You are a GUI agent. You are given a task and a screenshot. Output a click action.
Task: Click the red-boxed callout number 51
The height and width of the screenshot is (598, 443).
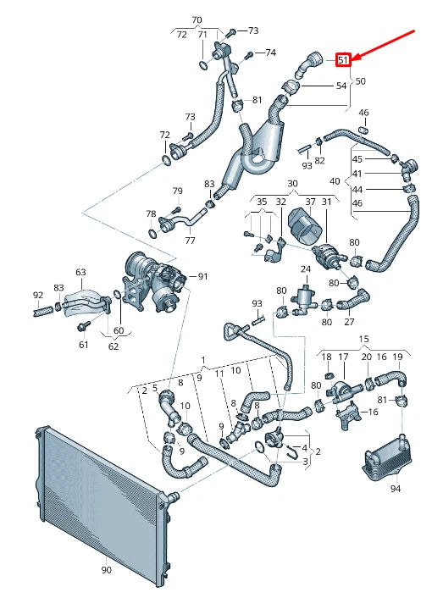coord(343,60)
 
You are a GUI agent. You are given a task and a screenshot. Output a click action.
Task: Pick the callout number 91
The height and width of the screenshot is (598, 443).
coord(202,277)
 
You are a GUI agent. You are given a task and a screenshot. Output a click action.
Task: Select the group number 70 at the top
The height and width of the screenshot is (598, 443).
coord(197,19)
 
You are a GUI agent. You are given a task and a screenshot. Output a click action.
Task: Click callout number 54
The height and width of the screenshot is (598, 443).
coord(341,86)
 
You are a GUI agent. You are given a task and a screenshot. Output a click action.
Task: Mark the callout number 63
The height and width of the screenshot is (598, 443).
coord(80,273)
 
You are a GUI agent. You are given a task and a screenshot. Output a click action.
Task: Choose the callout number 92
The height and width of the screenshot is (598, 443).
coord(38,295)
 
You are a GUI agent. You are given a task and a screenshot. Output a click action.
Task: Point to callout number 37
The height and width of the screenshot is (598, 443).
coord(310,202)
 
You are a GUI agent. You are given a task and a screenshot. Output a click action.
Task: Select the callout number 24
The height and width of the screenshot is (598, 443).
coord(306,269)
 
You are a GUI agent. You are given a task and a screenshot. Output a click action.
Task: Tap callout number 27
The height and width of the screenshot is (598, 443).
coord(349,323)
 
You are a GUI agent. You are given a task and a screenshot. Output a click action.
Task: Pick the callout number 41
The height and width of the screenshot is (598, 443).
coord(357,174)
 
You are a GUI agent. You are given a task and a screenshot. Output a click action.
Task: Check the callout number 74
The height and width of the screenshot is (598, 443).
coord(270,53)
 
